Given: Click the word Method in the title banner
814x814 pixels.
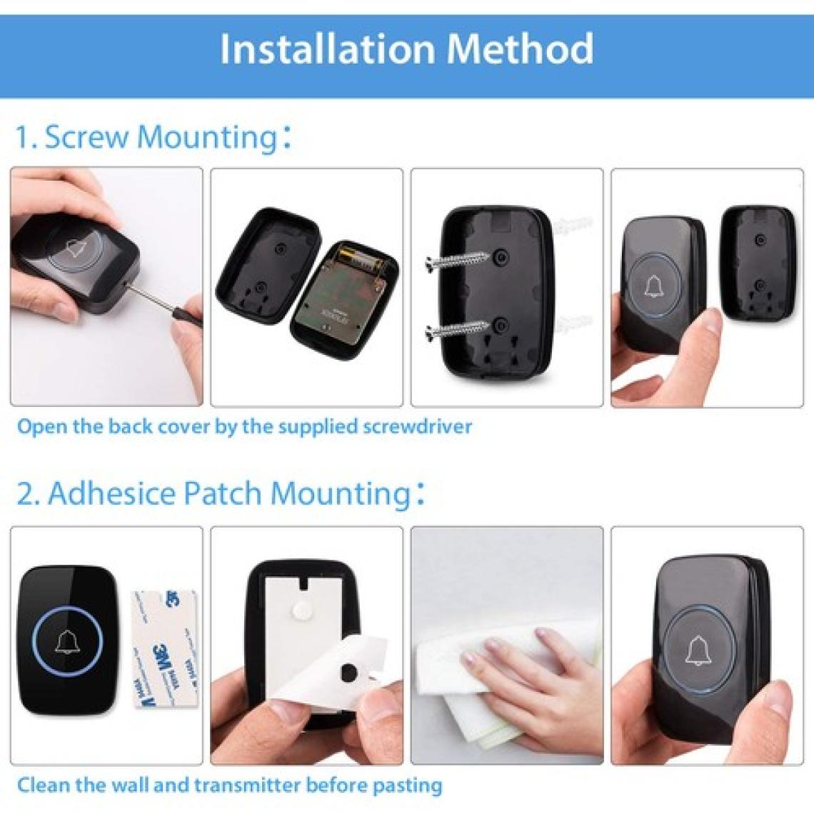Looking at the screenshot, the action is point(520,49).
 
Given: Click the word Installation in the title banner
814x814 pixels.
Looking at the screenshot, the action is point(327,49).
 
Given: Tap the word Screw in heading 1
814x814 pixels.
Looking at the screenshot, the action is point(86,137).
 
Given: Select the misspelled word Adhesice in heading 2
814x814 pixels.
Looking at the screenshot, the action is point(112,493).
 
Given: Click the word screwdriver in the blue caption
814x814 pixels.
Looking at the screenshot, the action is point(418,427).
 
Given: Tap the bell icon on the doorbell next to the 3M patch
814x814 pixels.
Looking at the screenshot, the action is point(67,642).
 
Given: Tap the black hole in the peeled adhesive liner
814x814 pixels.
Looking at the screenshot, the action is point(348,673).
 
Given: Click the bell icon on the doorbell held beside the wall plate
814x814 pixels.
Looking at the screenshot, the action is point(654,286).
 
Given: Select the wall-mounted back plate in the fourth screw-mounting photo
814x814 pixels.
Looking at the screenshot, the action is point(758,266).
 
